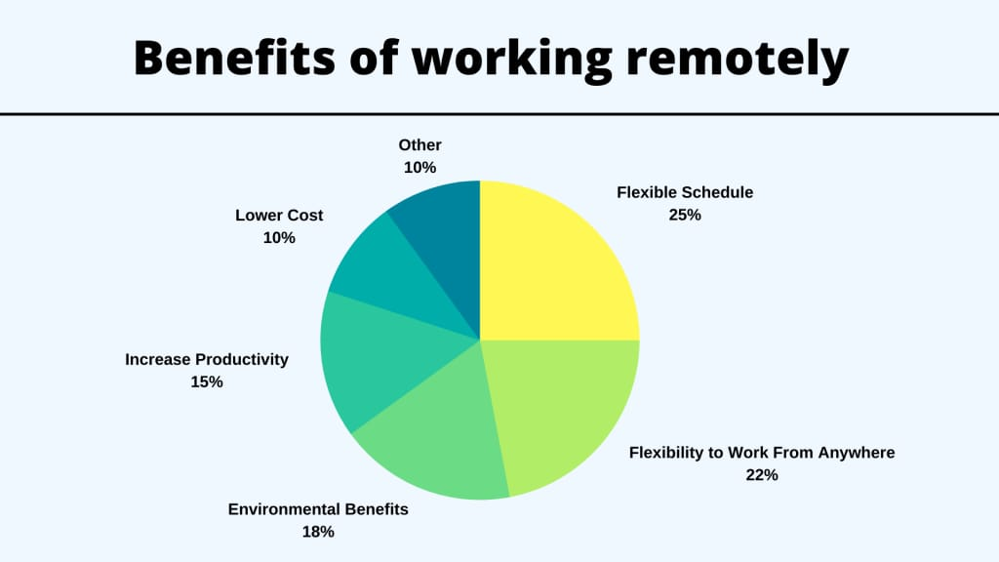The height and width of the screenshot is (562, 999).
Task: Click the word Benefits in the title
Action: [234, 58]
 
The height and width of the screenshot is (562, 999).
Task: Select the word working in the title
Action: [512, 59]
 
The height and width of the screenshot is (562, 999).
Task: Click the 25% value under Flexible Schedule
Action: [685, 215]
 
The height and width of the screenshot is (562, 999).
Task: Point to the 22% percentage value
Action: [762, 475]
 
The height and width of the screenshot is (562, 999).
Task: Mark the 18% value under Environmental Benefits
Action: [318, 532]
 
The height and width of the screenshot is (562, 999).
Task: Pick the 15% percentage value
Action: [207, 381]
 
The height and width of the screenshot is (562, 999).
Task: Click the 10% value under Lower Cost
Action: [279, 238]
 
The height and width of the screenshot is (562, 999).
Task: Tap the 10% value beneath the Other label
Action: [420, 168]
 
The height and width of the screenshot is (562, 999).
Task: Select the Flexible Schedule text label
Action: [685, 192]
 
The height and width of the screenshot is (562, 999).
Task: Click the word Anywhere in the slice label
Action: [857, 453]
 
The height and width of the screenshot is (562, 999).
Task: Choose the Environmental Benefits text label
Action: [318, 509]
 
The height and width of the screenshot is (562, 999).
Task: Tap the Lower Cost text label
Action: [279, 216]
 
